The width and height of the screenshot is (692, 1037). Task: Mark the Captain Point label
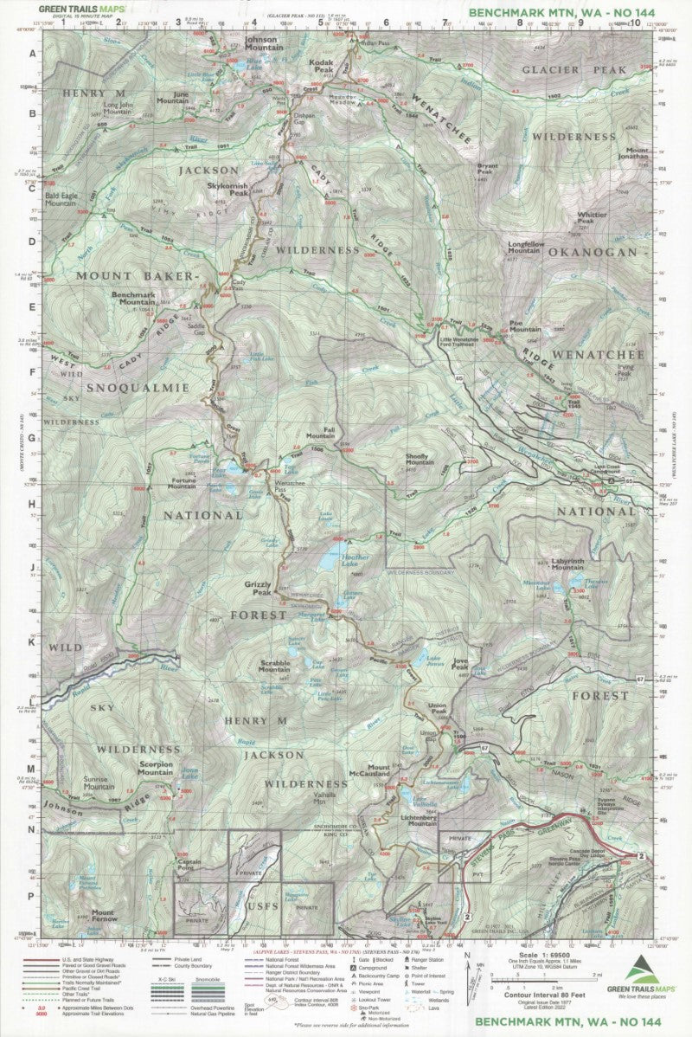tap(189, 864)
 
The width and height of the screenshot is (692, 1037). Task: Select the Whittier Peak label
tap(592, 217)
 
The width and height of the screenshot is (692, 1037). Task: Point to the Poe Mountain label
tap(525, 326)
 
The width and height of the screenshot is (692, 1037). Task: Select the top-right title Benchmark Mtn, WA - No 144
tap(561, 12)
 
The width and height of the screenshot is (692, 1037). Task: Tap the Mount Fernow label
tap(103, 916)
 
